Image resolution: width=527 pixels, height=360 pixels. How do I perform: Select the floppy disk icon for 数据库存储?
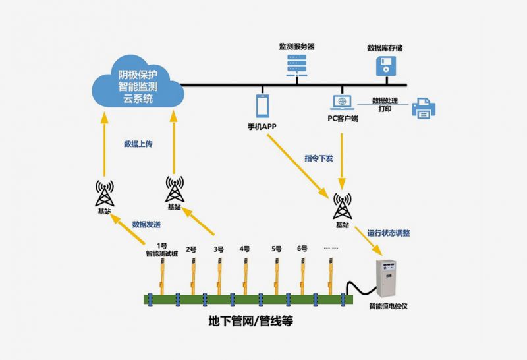point(385,65)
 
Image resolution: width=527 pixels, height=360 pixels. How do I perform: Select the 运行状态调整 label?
point(389,233)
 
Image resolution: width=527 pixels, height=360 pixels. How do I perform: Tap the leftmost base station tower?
point(104,193)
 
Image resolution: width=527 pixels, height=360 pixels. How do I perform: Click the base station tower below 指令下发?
point(342,206)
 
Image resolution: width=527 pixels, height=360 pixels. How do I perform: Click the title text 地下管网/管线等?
point(250,322)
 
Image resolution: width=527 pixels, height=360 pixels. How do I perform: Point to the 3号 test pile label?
point(219,249)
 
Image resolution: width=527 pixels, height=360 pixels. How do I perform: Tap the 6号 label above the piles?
point(302,249)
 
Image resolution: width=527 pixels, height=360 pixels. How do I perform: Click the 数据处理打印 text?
point(383,105)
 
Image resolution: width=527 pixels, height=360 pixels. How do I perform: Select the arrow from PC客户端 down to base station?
point(341,158)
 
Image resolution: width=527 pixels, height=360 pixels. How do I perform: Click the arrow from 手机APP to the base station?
point(296,162)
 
